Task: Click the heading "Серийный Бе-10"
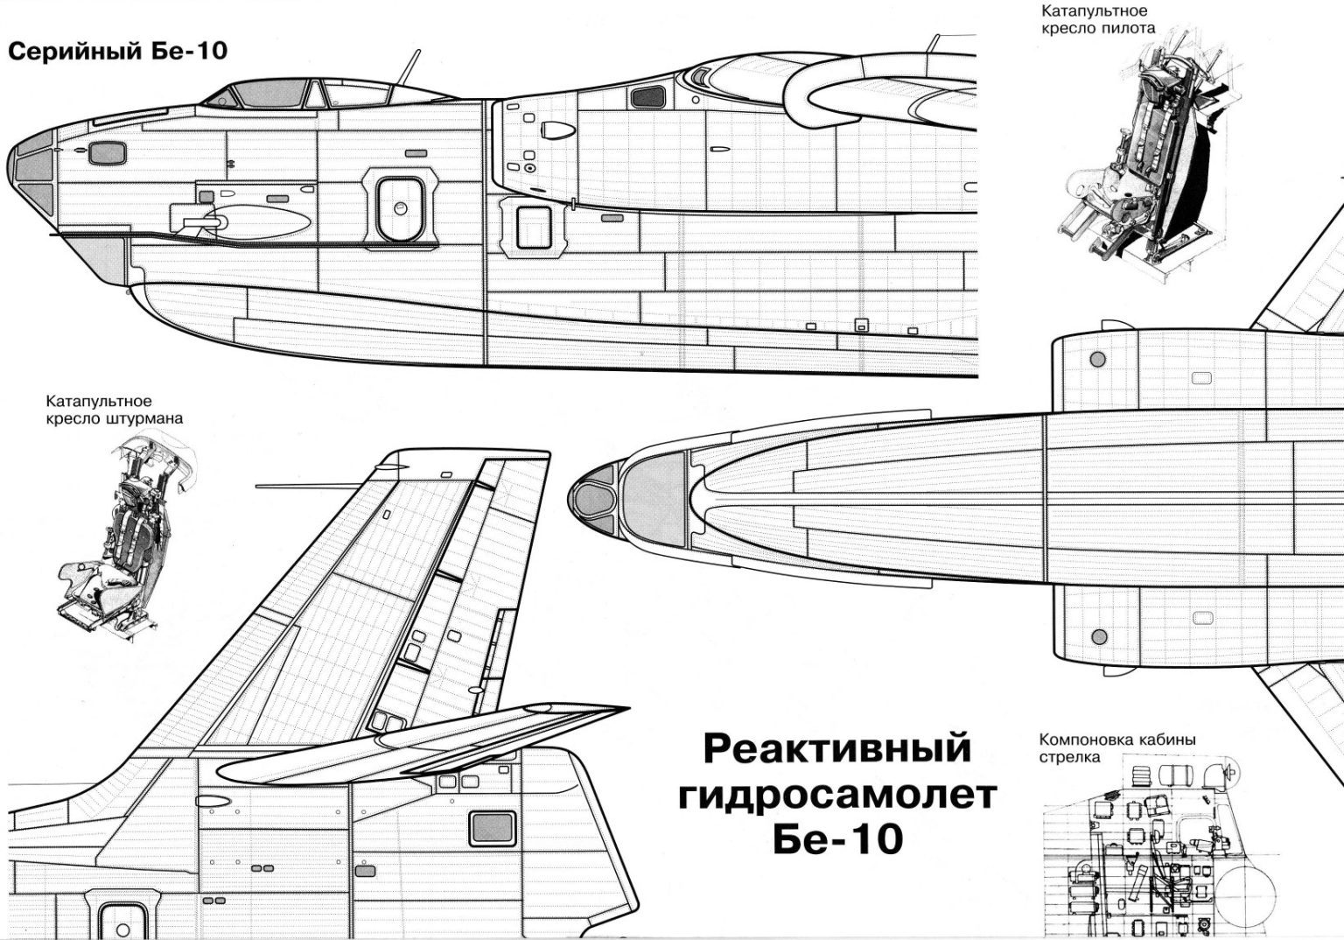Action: [117, 51]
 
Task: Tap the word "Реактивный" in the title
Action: [836, 748]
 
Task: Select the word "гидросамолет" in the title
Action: [837, 795]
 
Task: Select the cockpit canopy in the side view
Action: [324, 94]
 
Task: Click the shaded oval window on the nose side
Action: [108, 153]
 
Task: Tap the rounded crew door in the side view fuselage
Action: [399, 207]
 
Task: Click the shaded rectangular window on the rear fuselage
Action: [492, 828]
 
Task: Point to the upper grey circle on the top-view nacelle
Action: [1097, 360]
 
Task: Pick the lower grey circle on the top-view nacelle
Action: [1099, 637]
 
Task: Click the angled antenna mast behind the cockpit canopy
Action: [409, 67]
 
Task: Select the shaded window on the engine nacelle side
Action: [648, 96]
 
